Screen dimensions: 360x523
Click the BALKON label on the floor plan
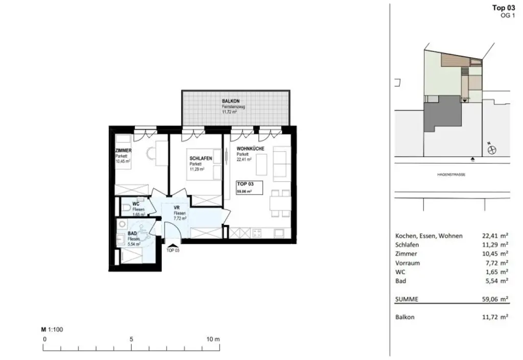230,101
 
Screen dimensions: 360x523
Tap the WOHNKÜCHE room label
250,149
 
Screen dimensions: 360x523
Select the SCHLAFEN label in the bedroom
201,159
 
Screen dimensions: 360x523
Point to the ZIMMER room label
123,151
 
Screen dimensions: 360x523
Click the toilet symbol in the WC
126,208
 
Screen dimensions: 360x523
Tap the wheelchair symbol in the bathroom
144,234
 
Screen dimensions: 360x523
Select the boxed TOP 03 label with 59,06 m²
249,187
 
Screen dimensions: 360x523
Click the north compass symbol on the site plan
492,150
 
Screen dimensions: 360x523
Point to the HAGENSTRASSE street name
451,175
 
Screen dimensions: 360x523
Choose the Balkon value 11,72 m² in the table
495,317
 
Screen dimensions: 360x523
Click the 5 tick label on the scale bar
132,340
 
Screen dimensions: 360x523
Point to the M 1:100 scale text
52,330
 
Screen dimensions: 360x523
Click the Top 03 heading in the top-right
503,7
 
